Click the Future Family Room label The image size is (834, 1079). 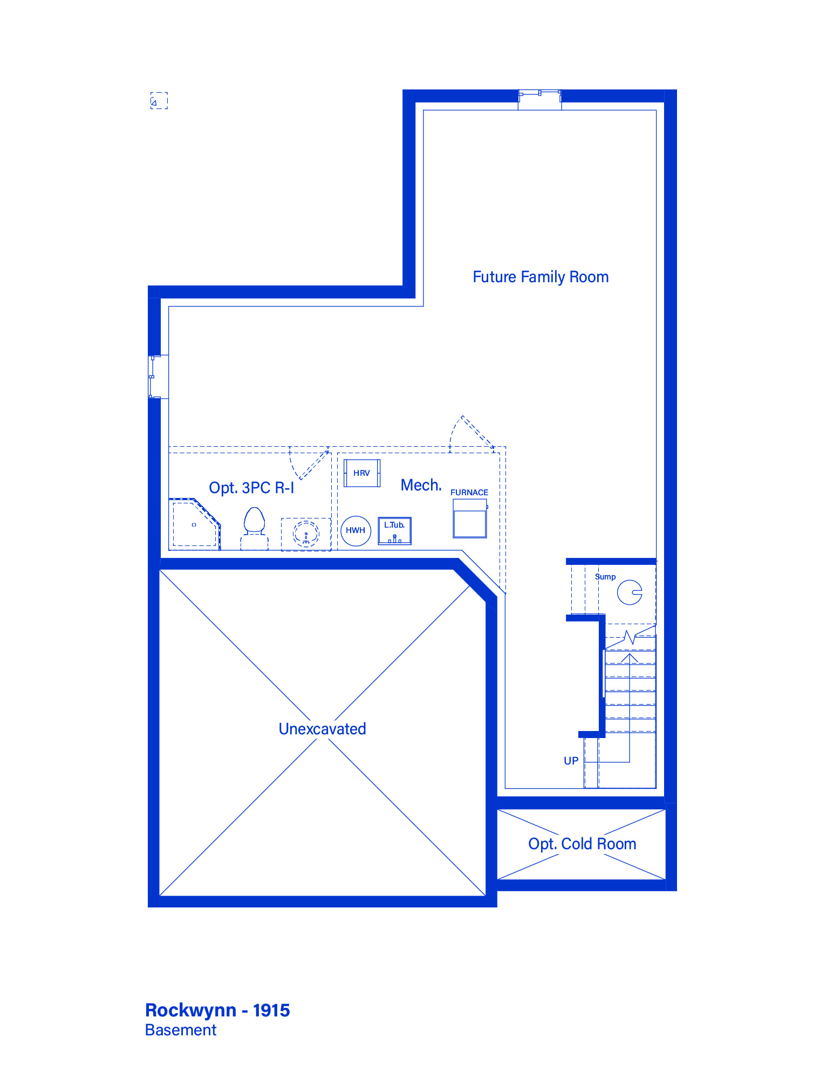pyautogui.click(x=541, y=277)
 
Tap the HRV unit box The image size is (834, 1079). pyautogui.click(x=362, y=473)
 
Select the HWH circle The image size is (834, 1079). pyautogui.click(x=356, y=531)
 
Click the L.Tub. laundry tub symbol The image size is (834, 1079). pyautogui.click(x=395, y=531)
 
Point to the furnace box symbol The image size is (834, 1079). pyautogui.click(x=470, y=518)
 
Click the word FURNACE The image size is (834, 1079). pyautogui.click(x=469, y=493)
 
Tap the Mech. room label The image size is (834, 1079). pyautogui.click(x=421, y=485)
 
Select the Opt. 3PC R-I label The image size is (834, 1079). pyautogui.click(x=252, y=488)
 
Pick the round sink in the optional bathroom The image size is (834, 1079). pyautogui.click(x=306, y=534)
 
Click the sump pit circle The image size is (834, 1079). pyautogui.click(x=630, y=592)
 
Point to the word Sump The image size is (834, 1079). pyautogui.click(x=605, y=577)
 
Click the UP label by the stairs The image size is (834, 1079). pyautogui.click(x=571, y=761)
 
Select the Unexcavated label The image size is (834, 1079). pyautogui.click(x=323, y=729)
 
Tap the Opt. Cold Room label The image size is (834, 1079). pyautogui.click(x=583, y=844)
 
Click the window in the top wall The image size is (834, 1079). pyautogui.click(x=540, y=96)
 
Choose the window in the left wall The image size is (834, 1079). pyautogui.click(x=154, y=377)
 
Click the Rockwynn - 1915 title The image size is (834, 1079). pyautogui.click(x=218, y=1010)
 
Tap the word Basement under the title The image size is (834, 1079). pyautogui.click(x=181, y=1030)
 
